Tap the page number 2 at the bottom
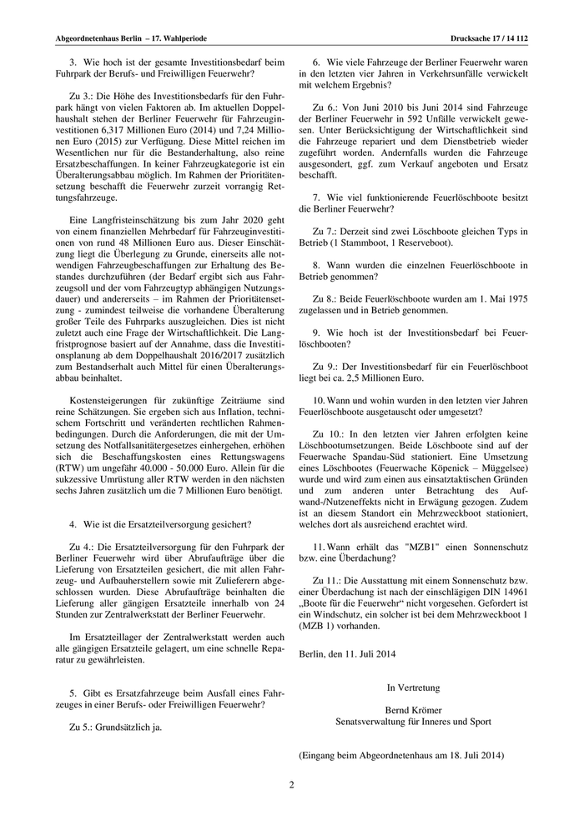[x=292, y=784]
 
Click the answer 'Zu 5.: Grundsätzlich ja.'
[x=116, y=726]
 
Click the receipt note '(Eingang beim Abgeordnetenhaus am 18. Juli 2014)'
[x=401, y=756]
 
